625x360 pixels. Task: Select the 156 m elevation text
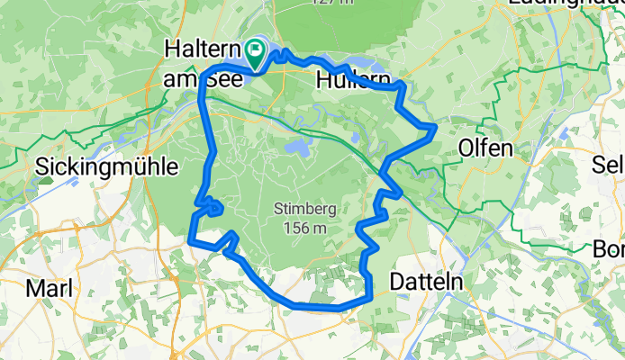[304, 229]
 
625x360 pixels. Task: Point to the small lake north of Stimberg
[296, 148]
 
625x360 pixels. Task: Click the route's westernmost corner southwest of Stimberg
[191, 239]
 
